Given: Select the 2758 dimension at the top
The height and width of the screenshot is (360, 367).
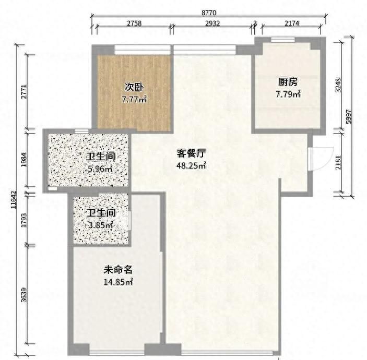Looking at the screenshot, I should (134, 24).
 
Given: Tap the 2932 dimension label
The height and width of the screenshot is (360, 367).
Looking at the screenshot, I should (212, 24).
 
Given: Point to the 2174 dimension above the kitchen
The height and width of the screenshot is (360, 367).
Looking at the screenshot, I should (294, 24).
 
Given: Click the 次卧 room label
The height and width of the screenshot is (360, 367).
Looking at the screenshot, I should (134, 87).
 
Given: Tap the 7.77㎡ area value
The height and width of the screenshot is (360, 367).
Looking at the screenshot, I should (134, 99).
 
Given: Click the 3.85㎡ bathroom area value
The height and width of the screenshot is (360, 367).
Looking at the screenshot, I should (100, 225).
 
